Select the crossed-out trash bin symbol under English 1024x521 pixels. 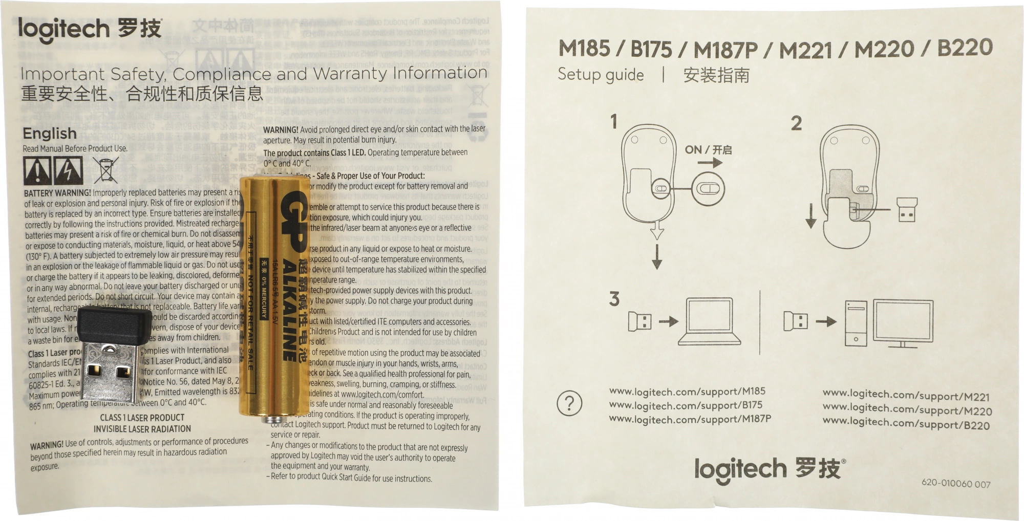[x=106, y=170]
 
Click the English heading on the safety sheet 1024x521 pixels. [x=50, y=134]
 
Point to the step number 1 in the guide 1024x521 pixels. [x=614, y=122]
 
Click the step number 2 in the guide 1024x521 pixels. [x=796, y=123]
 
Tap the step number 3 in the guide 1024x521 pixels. [x=614, y=299]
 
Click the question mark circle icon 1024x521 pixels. [x=569, y=403]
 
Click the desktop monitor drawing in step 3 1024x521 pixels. [x=903, y=322]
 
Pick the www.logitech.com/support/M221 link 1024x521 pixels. [x=906, y=396]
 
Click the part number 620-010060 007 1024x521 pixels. [x=955, y=483]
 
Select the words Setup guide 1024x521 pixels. [x=601, y=75]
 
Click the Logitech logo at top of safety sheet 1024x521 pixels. [x=90, y=29]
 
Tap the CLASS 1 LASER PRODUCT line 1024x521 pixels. [x=142, y=418]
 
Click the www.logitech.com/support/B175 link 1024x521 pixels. [x=686, y=405]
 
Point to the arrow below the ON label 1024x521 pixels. [x=710, y=163]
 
